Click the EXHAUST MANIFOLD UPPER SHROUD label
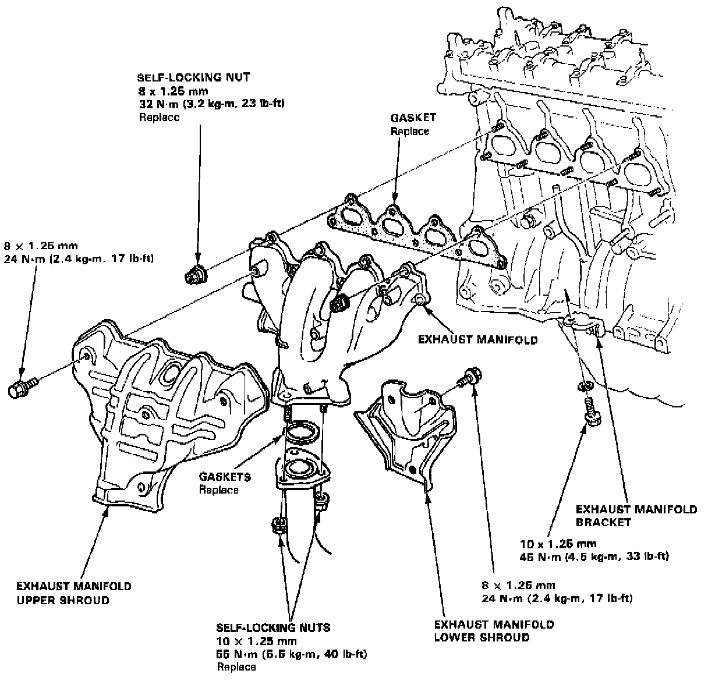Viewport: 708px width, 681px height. pos(73,593)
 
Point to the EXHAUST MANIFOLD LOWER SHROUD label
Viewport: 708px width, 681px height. pos(494,631)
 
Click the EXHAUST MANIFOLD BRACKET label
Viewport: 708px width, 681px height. pos(635,516)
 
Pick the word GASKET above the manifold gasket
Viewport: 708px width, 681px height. pos(413,118)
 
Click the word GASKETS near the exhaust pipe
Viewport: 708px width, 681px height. pos(225,477)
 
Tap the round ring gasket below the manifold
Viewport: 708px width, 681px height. pos(301,434)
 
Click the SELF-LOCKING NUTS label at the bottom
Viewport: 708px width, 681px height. pos(273,627)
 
